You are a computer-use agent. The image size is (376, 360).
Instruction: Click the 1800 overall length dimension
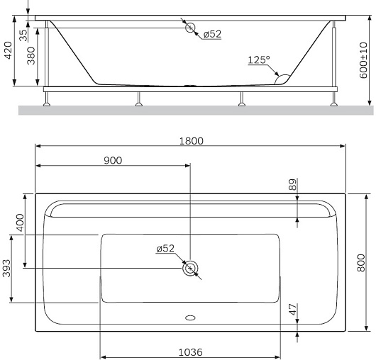pyautogui.click(x=192, y=141)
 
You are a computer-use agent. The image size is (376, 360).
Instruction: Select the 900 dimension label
pyautogui.click(x=113, y=160)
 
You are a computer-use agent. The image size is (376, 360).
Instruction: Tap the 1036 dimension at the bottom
pyautogui.click(x=191, y=352)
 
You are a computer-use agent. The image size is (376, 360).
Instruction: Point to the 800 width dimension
pyautogui.click(x=360, y=263)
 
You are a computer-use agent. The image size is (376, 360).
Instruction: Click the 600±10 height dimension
pyautogui.click(x=363, y=60)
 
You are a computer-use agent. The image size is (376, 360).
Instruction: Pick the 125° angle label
pyautogui.click(x=259, y=60)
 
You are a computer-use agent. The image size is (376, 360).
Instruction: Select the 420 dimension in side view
pyautogui.click(x=9, y=50)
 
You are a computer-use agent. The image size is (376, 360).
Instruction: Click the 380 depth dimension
pyautogui.click(x=31, y=56)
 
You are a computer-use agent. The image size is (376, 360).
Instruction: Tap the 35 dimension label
pyautogui.click(x=23, y=35)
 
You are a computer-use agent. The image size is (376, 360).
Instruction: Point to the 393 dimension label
pyautogui.click(x=6, y=269)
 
